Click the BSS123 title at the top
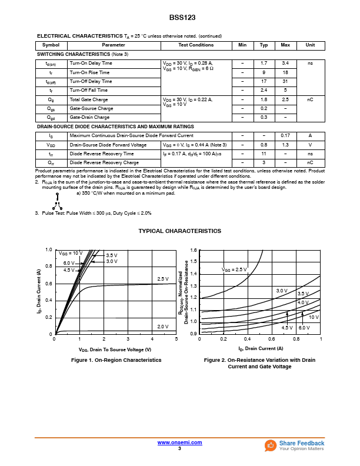point(179,18)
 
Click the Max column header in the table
point(285,45)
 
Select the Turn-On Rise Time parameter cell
point(89,72)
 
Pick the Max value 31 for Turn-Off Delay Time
point(285,81)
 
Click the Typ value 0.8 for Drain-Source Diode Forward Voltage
point(264,145)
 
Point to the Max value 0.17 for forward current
point(285,135)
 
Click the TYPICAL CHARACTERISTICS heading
point(180,231)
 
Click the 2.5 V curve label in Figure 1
point(163,278)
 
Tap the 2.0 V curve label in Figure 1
point(163,326)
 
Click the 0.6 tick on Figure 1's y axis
point(49,284)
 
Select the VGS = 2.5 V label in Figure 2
point(234,269)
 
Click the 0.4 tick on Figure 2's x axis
point(248,339)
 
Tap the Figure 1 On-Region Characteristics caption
point(116,360)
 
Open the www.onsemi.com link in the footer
point(179,442)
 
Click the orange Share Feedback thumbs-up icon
point(271,445)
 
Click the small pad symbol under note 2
point(57,205)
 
